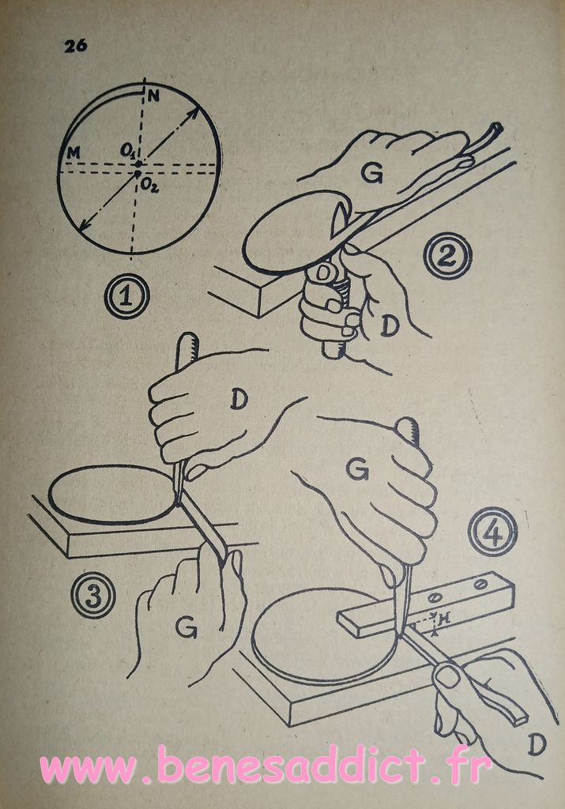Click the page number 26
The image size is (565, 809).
point(75,46)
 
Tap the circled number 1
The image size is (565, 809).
point(126,296)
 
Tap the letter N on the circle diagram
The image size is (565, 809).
point(153,96)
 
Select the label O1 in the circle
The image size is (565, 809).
point(127,151)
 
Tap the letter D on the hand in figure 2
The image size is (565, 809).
point(390,325)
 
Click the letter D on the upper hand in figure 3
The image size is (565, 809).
point(239,399)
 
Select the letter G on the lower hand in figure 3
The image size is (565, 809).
point(186,627)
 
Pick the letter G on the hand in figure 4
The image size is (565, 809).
point(357,469)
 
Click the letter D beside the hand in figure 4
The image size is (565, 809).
point(537,744)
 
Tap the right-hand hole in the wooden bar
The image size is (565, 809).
point(481,585)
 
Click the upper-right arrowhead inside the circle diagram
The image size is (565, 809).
point(195,111)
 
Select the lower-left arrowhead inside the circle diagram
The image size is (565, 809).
point(84,225)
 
